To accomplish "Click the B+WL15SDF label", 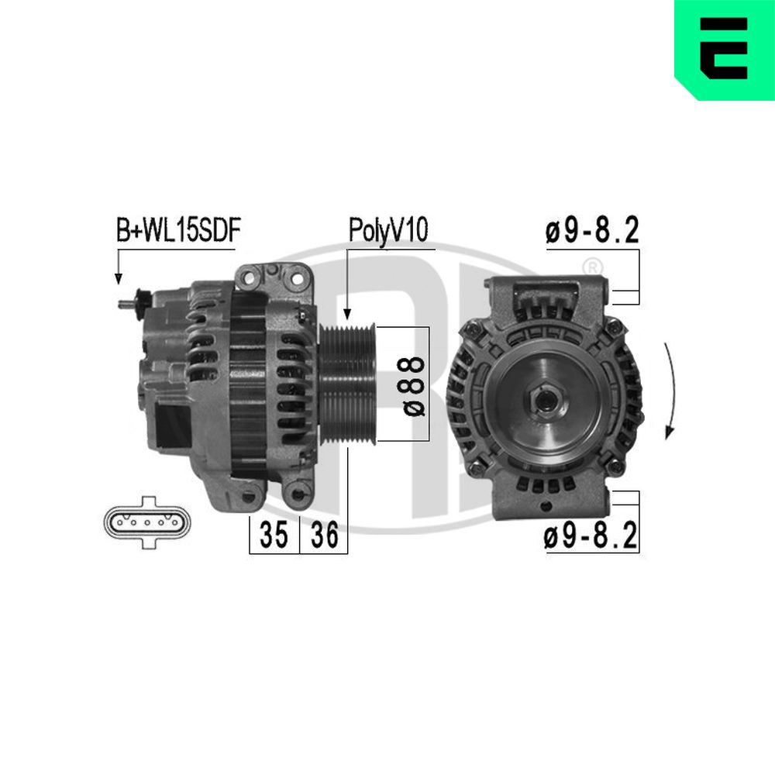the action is (x=178, y=230).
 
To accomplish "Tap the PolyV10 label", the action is (x=388, y=230).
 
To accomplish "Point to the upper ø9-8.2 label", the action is (x=592, y=230).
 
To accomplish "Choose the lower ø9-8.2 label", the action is (x=591, y=536).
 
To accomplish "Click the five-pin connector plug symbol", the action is (x=146, y=522).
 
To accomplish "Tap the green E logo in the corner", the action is (x=725, y=50).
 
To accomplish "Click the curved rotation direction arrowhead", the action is (x=670, y=431).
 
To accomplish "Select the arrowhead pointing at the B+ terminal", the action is (x=118, y=279).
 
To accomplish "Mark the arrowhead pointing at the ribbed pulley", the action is (x=347, y=314).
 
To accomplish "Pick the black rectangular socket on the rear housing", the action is (x=173, y=425).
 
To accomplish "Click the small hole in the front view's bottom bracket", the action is (x=546, y=507).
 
